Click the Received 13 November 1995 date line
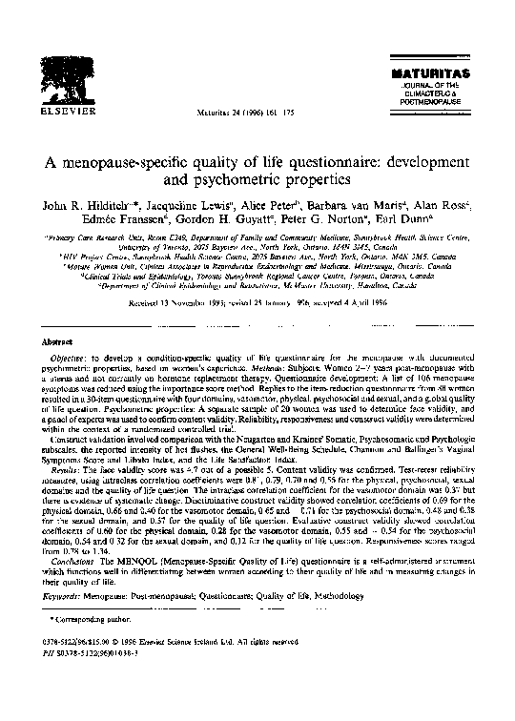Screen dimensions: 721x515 tap(257, 296)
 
